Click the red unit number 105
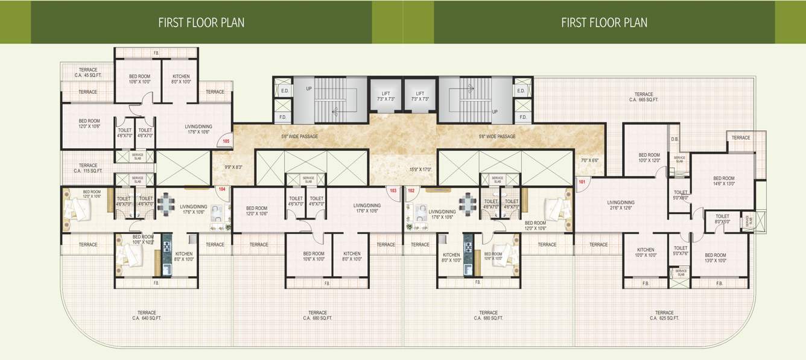coord(226,141)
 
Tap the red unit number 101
coord(582,182)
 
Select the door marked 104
coord(222,189)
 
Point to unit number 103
coord(393,190)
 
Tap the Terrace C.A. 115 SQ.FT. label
coord(88,168)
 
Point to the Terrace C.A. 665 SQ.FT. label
coord(644,97)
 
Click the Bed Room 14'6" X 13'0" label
coord(723,181)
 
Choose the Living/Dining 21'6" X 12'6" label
coord(621,205)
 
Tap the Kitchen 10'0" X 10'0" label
coord(646,252)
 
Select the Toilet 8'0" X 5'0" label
coord(722,218)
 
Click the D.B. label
coord(674,139)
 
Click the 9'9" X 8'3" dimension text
coord(232,167)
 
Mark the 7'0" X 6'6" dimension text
coord(589,160)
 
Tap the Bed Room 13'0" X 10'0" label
coord(716,257)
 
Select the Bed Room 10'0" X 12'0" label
coord(649,157)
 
